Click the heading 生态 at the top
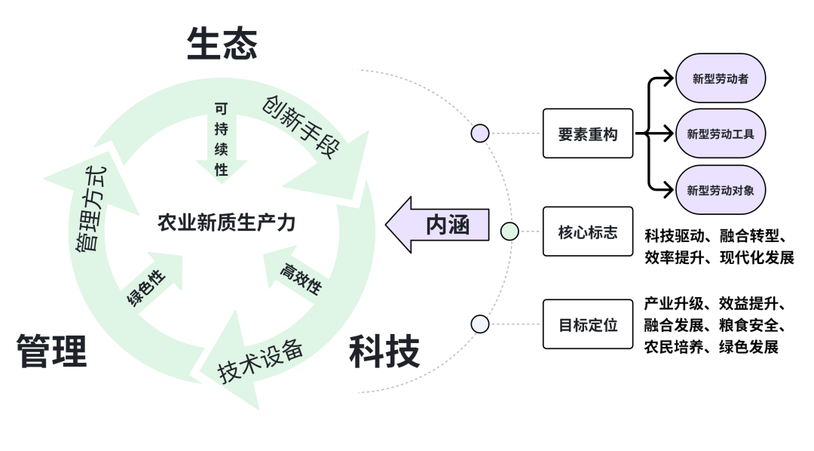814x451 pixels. click(x=222, y=44)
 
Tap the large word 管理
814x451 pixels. click(x=51, y=351)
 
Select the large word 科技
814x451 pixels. click(x=384, y=351)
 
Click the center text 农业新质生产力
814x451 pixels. click(x=226, y=223)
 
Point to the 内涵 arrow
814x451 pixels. click(x=438, y=225)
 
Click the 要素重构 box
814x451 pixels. click(x=588, y=133)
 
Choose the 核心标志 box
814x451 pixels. click(x=588, y=232)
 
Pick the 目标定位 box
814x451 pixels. click(x=588, y=324)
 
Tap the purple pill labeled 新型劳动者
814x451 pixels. click(x=721, y=78)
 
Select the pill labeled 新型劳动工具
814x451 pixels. click(x=721, y=133)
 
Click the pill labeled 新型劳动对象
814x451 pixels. click(x=721, y=189)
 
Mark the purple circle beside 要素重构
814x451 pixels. click(x=480, y=133)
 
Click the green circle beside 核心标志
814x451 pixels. click(x=510, y=232)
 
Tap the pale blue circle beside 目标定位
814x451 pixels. click(x=480, y=324)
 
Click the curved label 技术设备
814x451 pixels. click(x=261, y=360)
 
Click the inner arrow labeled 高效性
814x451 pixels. click(x=300, y=278)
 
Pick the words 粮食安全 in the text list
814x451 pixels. click(x=751, y=326)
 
